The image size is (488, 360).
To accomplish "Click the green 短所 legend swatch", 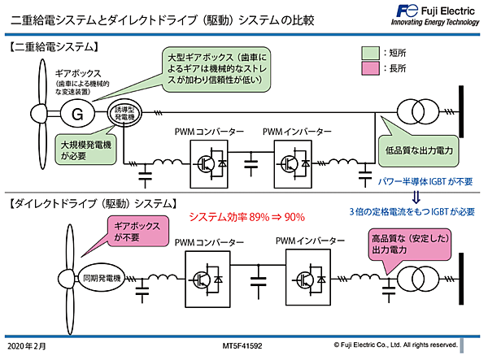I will coord(368,54).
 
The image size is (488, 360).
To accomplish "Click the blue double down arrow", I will coord(415,195).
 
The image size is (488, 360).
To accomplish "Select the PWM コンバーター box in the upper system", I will coord(211,163).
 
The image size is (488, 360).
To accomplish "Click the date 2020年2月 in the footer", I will coord(28,345).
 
